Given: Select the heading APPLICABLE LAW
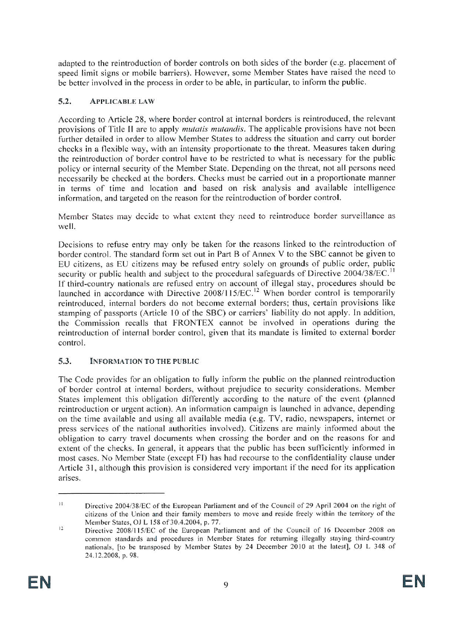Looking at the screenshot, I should (x=114, y=101).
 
